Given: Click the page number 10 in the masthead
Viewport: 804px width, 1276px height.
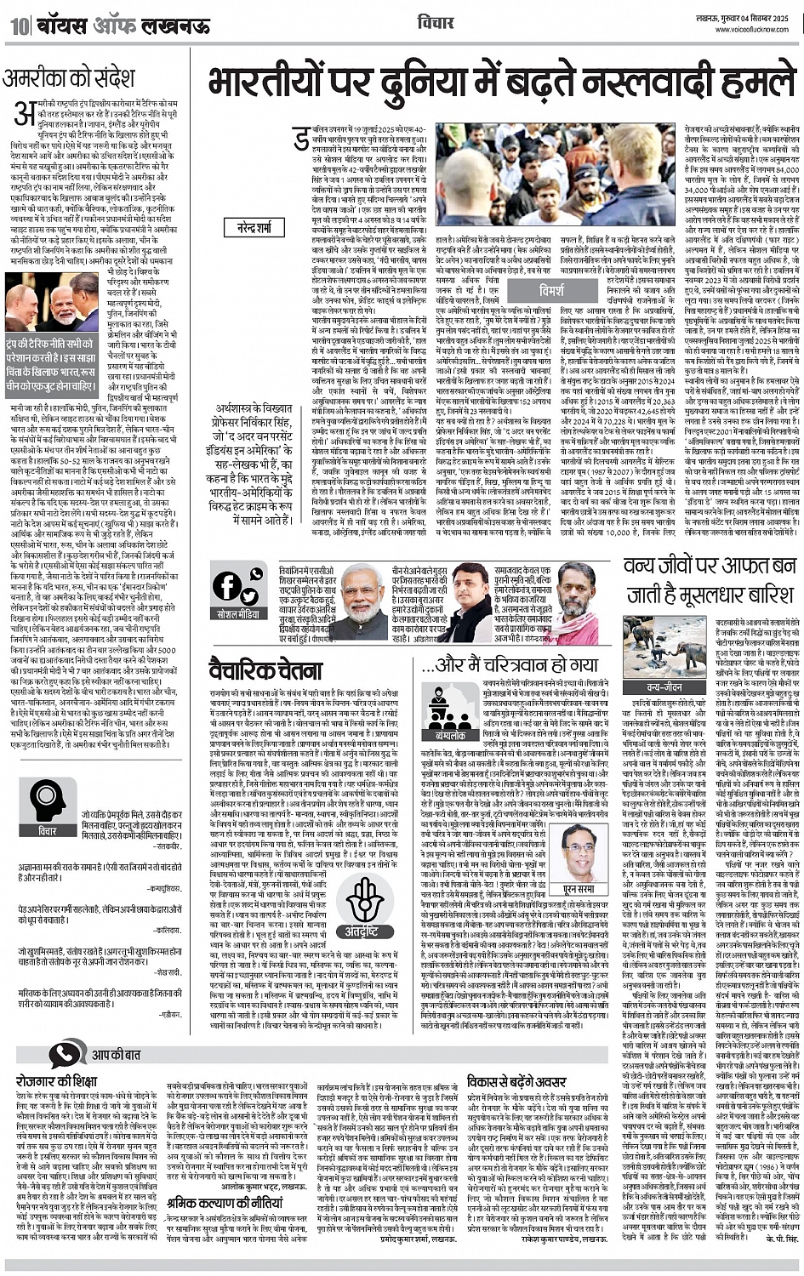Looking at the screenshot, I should pos(18,26).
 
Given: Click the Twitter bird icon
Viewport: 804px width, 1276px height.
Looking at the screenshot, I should pos(252,577).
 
